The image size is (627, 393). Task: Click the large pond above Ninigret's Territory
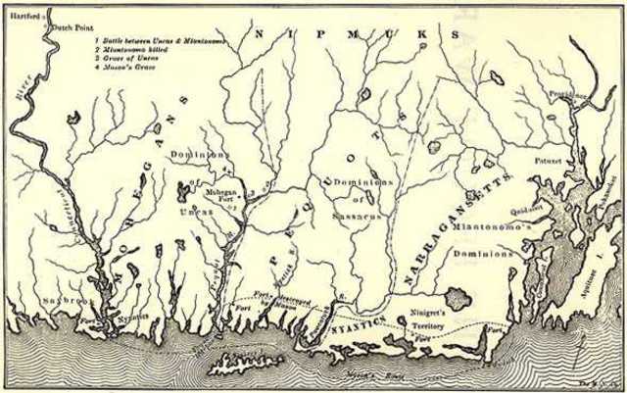click(455, 292)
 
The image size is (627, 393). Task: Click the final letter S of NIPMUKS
click(457, 33)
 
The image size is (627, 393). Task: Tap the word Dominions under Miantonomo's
click(484, 254)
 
